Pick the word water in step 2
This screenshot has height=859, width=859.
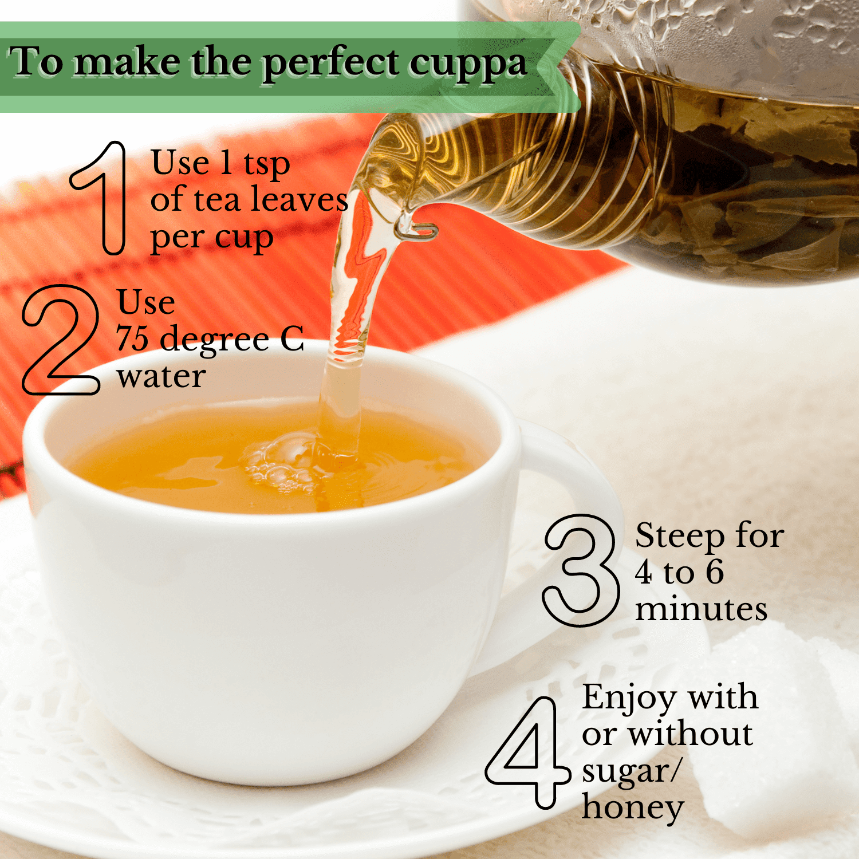coord(161,377)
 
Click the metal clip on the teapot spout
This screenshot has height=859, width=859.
coord(416,230)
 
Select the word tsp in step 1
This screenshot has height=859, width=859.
coord(267,165)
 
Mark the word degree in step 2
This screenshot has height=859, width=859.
coord(214,341)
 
